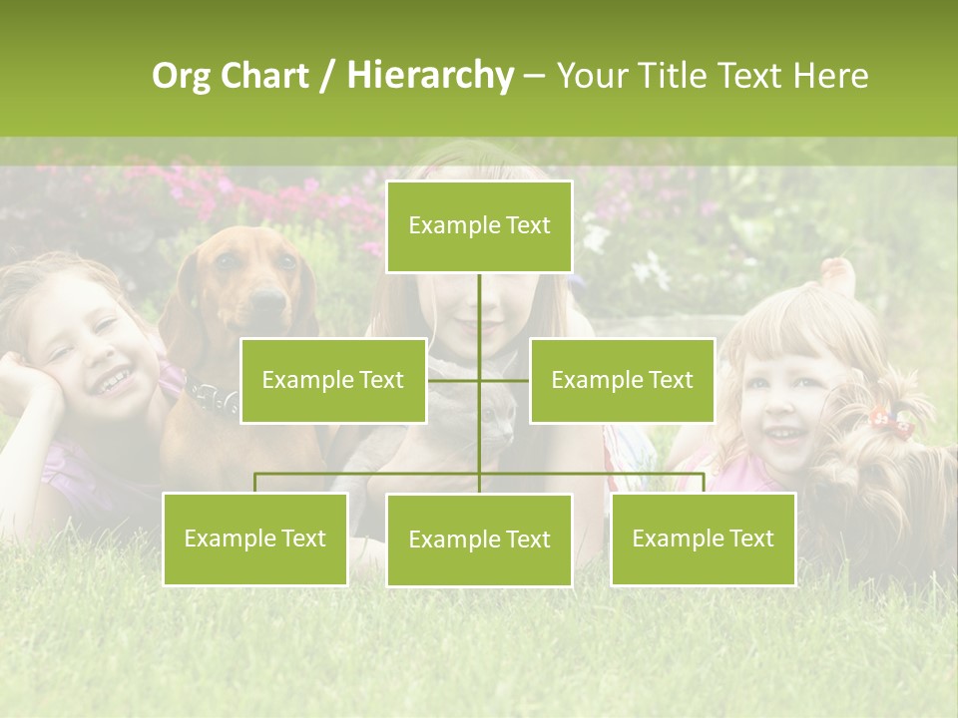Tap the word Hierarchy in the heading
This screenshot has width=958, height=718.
click(430, 77)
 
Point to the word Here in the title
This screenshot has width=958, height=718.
click(830, 77)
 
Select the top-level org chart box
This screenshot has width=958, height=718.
click(479, 226)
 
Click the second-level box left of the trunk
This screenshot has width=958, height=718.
click(333, 380)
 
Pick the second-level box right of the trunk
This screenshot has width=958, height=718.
click(622, 380)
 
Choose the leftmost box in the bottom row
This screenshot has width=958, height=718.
click(254, 538)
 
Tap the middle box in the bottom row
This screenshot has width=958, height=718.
click(479, 539)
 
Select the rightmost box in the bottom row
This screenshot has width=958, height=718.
click(703, 538)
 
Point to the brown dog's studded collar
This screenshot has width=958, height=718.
click(212, 398)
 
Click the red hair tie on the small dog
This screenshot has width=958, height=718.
click(891, 422)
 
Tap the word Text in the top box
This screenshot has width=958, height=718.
click(525, 225)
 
